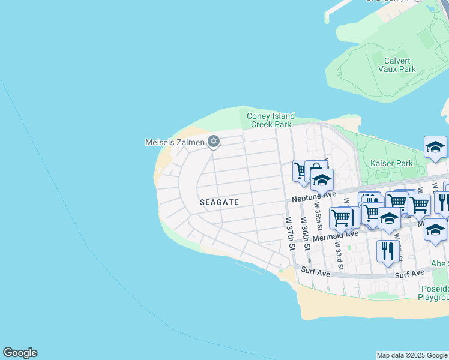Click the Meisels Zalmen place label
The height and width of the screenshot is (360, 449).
[x=175, y=142]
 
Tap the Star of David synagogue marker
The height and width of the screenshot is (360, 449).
[x=213, y=142]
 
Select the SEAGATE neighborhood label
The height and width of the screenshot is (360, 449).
[x=219, y=203]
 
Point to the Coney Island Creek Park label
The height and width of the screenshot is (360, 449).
[x=271, y=120]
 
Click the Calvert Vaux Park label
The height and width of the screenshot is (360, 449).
[x=397, y=65]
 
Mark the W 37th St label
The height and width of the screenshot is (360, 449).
[x=291, y=234]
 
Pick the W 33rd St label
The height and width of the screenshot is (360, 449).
[x=338, y=254]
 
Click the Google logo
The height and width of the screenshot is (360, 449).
[x=20, y=353]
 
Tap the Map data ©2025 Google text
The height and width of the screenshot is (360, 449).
[x=412, y=355]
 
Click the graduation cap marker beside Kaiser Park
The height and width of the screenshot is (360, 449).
[x=435, y=147]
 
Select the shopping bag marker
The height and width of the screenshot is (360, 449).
[x=316, y=170]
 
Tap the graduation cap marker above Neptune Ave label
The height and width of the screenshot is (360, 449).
[x=322, y=180]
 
